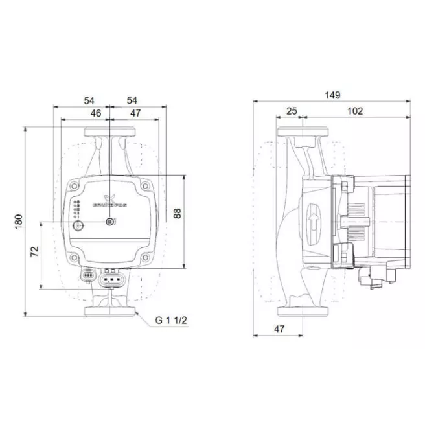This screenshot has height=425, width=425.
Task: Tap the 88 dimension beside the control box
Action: [178, 213]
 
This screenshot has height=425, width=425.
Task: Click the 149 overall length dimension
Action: [332, 95]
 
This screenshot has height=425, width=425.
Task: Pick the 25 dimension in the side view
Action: [291, 111]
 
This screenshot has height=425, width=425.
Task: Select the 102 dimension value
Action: [355, 111]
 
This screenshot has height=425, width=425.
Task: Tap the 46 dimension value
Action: [95, 113]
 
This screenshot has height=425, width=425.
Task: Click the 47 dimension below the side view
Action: [279, 329]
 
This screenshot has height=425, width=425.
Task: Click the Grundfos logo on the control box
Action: [109, 201]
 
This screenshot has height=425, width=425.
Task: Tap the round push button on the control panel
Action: [79, 226]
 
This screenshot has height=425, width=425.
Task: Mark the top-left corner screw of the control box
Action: [76, 187]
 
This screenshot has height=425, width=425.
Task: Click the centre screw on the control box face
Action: [110, 222]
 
